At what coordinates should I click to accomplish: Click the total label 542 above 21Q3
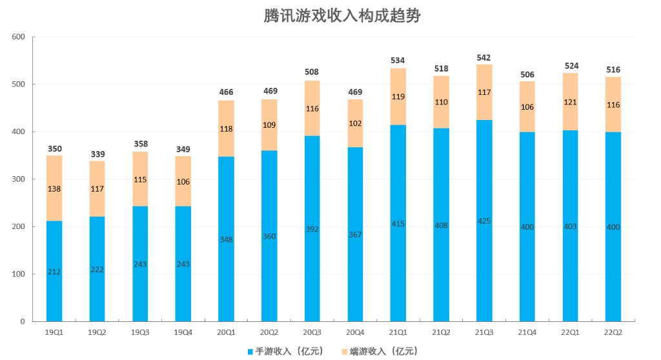[484, 57]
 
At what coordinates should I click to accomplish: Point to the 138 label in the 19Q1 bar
[54, 189]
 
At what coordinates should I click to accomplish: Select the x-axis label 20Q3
[312, 332]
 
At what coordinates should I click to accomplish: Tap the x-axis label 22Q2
[613, 332]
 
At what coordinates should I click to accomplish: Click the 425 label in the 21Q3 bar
[484, 221]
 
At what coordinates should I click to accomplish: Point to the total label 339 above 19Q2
[97, 154]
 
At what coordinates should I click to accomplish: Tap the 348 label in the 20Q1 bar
[226, 239]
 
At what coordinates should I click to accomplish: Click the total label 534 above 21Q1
[398, 61]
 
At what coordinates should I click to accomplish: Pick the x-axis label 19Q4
[183, 332]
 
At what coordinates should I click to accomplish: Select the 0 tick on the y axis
[22, 321]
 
